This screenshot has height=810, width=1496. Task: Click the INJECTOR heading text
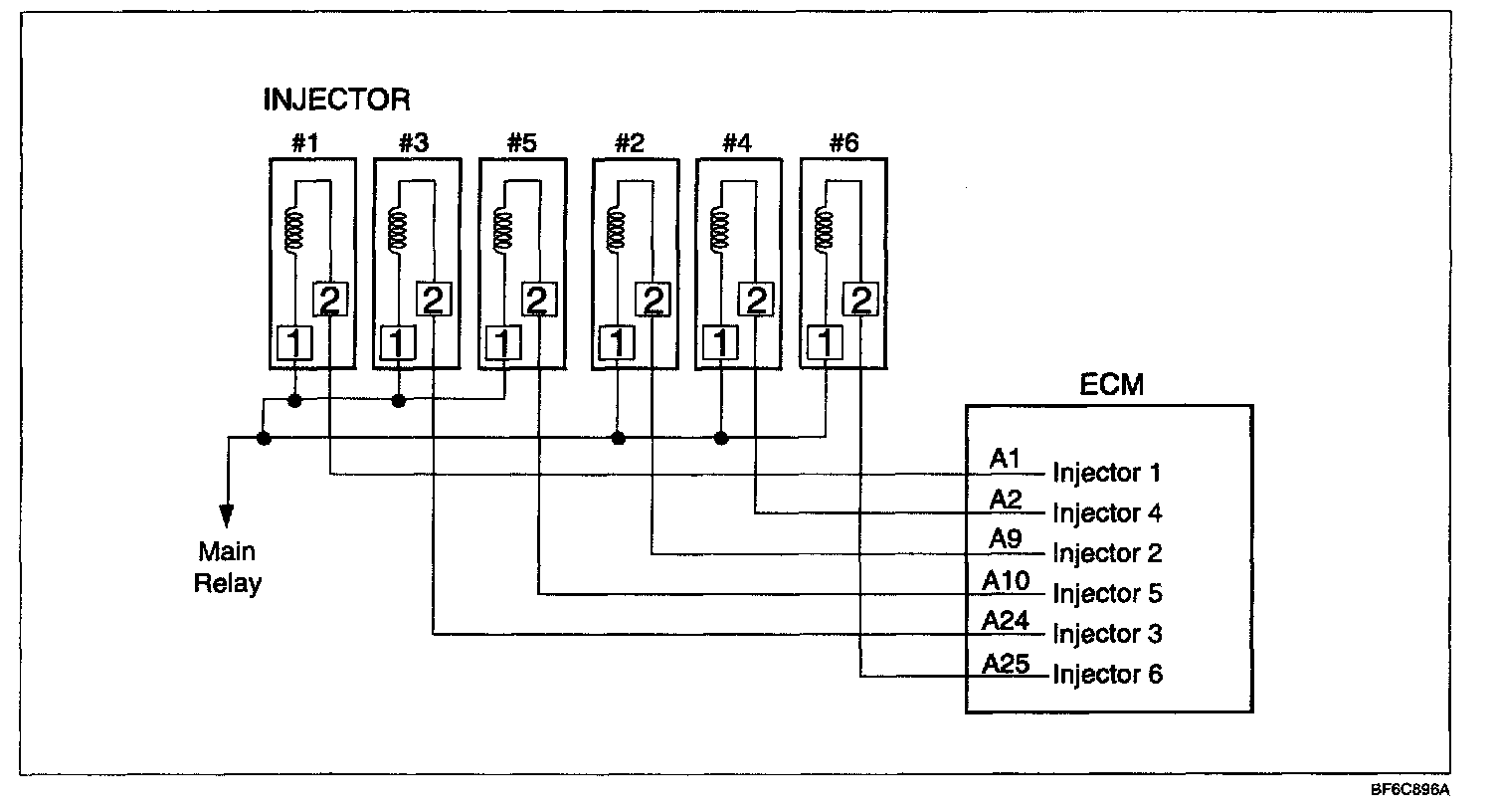(336, 100)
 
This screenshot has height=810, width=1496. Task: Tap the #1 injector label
(304, 143)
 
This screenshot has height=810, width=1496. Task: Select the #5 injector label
(521, 143)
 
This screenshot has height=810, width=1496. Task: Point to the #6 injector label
(843, 143)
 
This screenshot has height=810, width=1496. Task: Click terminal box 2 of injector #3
(433, 299)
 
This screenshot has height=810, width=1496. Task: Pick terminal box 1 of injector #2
(618, 343)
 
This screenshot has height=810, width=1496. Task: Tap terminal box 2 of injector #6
(861, 299)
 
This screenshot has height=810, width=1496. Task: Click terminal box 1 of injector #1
(294, 343)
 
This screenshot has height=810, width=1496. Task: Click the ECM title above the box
(1111, 384)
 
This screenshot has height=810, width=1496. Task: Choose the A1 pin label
(1005, 458)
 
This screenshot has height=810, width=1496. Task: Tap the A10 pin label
(1007, 580)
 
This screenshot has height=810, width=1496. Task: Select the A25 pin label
(1007, 663)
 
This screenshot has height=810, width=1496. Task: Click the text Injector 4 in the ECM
(1107, 513)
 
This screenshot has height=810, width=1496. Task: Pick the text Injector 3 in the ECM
(1107, 634)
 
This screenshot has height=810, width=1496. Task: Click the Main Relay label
(227, 567)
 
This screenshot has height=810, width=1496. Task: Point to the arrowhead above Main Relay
(227, 515)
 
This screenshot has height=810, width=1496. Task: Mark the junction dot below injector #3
(398, 401)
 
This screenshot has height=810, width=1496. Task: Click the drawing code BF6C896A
(1410, 790)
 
